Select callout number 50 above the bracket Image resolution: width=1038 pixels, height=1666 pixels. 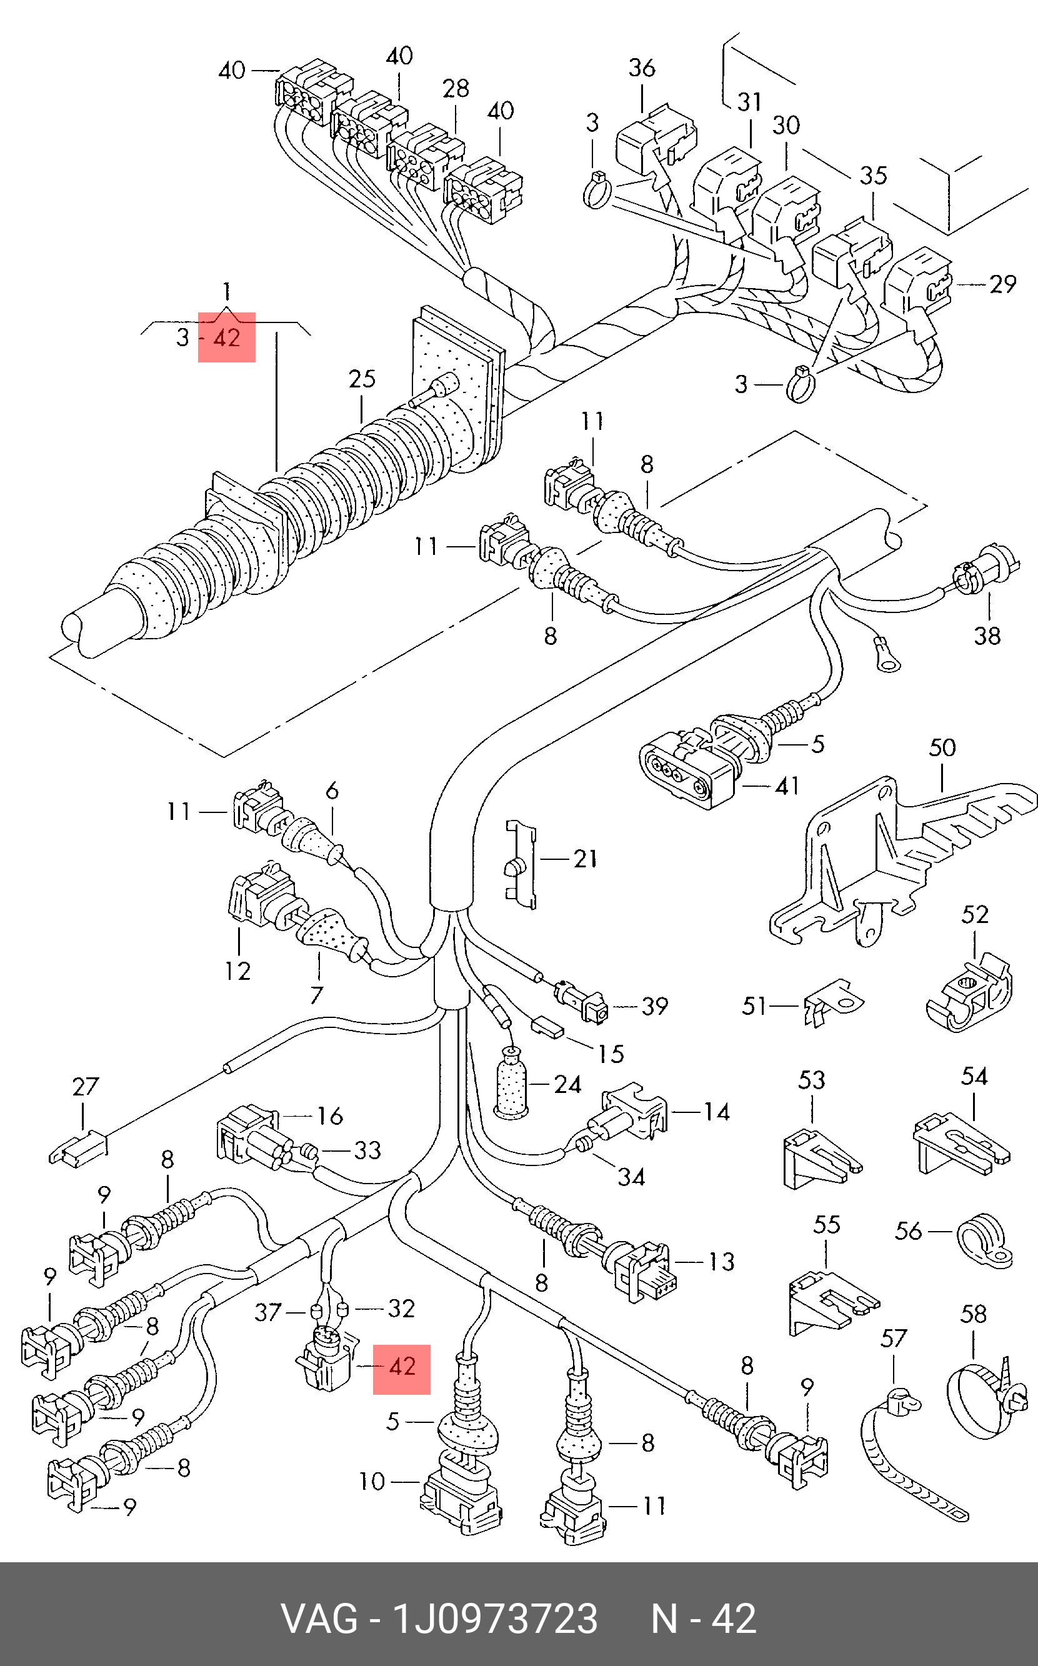[942, 747]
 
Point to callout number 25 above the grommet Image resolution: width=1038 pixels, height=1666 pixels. [362, 379]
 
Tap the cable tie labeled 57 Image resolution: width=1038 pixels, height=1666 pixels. [906, 1455]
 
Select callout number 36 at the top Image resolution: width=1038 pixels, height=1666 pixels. [642, 68]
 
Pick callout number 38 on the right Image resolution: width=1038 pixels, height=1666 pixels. [987, 636]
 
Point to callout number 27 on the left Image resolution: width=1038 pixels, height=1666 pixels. [86, 1087]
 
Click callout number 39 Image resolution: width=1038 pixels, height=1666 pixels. [654, 1006]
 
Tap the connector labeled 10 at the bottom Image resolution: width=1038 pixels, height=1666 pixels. [461, 1500]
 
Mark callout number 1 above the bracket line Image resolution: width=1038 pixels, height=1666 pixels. [227, 292]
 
